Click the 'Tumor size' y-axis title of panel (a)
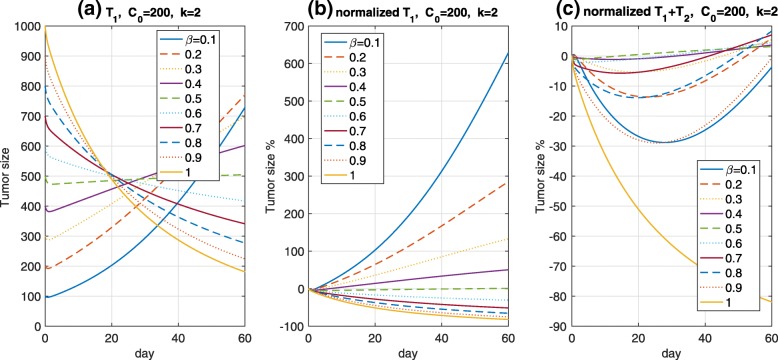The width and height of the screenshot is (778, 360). tap(9, 175)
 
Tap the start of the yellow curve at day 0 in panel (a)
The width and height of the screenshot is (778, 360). tap(45, 28)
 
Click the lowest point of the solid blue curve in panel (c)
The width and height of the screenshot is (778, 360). tap(663, 142)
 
